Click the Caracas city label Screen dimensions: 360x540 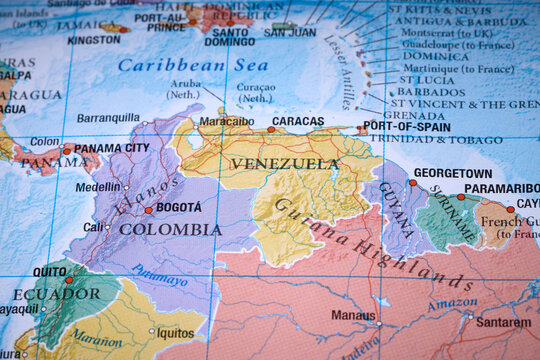pyautogui.click(x=298, y=121)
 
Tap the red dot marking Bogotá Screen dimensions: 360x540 pyautogui.click(x=149, y=210)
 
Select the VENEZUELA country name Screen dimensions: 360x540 pyautogui.click(x=285, y=163)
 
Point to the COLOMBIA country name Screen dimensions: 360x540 pyautogui.click(x=170, y=229)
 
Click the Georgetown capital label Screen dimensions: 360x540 pyautogui.click(x=453, y=173)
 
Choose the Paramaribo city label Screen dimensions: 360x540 pyautogui.click(x=501, y=188)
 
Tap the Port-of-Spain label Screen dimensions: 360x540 pyautogui.click(x=406, y=126)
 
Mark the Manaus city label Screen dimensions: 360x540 pyautogui.click(x=353, y=314)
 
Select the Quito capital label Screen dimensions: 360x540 pyautogui.click(x=50, y=271)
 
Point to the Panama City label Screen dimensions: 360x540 pyautogui.click(x=111, y=148)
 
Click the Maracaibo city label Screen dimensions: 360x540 pyautogui.click(x=226, y=121)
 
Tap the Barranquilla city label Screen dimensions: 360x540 pyautogui.click(x=108, y=117)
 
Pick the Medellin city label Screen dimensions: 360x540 pyautogui.click(x=97, y=187)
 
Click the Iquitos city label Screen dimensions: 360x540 pyautogui.click(x=175, y=332)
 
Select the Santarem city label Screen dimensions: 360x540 pyautogui.click(x=503, y=322)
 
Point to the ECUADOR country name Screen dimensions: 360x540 pyautogui.click(x=56, y=294)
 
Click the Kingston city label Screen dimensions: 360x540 pyautogui.click(x=94, y=40)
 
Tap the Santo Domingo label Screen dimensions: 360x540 pyautogui.click(x=230, y=36)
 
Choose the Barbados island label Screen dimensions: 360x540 pyautogui.click(x=431, y=91)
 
